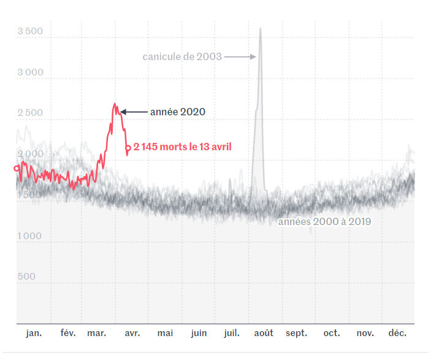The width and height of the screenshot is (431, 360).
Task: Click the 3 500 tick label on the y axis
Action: click(31, 31)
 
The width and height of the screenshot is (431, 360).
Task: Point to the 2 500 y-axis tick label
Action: click(31, 113)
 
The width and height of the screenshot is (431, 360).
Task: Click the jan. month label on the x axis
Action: click(34, 333)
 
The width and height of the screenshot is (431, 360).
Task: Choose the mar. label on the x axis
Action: click(97, 333)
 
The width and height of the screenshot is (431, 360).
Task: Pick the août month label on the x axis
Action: click(264, 333)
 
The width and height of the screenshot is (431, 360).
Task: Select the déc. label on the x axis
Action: click(397, 333)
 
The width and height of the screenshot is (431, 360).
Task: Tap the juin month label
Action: click(199, 333)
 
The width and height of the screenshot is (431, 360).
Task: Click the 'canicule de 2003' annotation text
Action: click(182, 56)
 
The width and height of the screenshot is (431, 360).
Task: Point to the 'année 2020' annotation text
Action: click(177, 112)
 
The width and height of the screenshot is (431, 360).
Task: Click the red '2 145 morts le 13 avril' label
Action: click(183, 147)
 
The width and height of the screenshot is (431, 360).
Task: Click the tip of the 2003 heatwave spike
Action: click(261, 28)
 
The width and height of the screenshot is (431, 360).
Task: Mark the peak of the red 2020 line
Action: click(115, 104)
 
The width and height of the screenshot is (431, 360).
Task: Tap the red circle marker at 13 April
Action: click(128, 147)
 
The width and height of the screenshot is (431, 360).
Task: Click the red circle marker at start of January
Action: click(17, 168)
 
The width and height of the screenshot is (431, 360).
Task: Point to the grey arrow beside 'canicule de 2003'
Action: click(240, 56)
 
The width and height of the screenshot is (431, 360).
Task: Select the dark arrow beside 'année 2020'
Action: click(134, 112)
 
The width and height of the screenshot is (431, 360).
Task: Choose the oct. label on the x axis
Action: click(332, 333)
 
